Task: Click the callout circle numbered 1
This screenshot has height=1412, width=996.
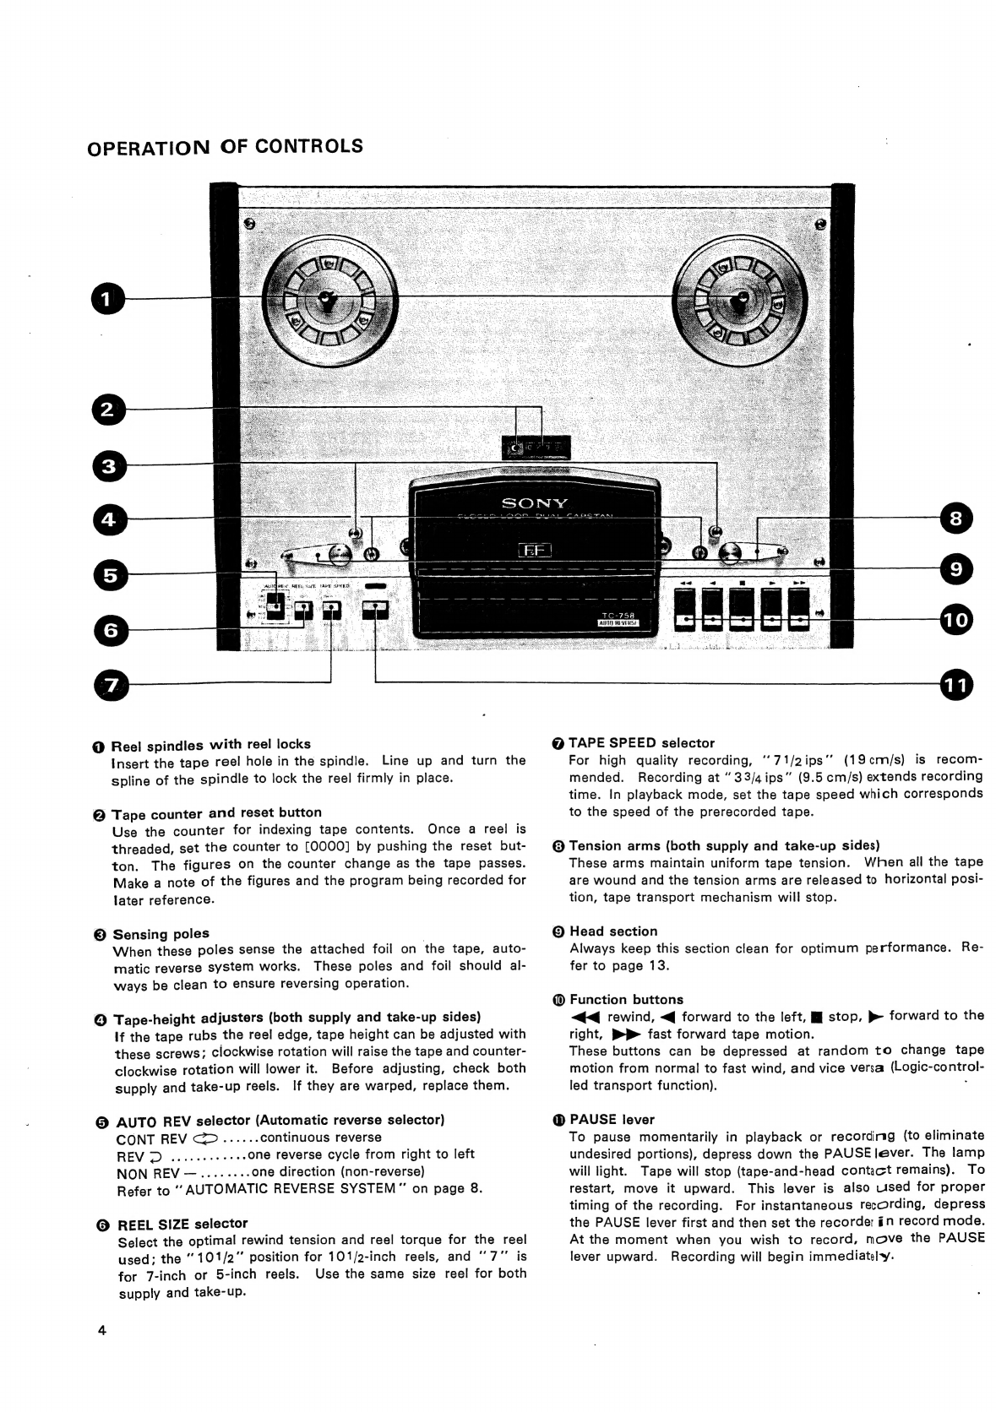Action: pyautogui.click(x=107, y=299)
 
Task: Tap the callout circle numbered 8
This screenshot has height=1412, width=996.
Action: pyautogui.click(x=955, y=519)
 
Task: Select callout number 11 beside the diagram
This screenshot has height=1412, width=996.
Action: pyautogui.click(x=955, y=684)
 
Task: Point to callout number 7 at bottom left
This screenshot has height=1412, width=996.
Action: pyautogui.click(x=114, y=685)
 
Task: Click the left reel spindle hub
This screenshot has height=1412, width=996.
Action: pyautogui.click(x=326, y=301)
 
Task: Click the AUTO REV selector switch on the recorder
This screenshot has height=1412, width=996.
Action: pyautogui.click(x=275, y=605)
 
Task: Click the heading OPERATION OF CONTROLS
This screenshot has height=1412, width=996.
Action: pyautogui.click(x=225, y=147)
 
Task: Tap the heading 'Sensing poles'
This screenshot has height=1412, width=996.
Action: pyautogui.click(x=161, y=934)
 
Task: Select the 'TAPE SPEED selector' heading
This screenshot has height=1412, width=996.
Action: pyautogui.click(x=641, y=743)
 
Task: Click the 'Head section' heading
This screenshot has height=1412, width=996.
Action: pyautogui.click(x=612, y=931)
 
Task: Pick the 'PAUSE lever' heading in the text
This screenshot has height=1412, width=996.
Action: pyautogui.click(x=612, y=1120)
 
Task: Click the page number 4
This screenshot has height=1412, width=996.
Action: pyautogui.click(x=101, y=1332)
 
